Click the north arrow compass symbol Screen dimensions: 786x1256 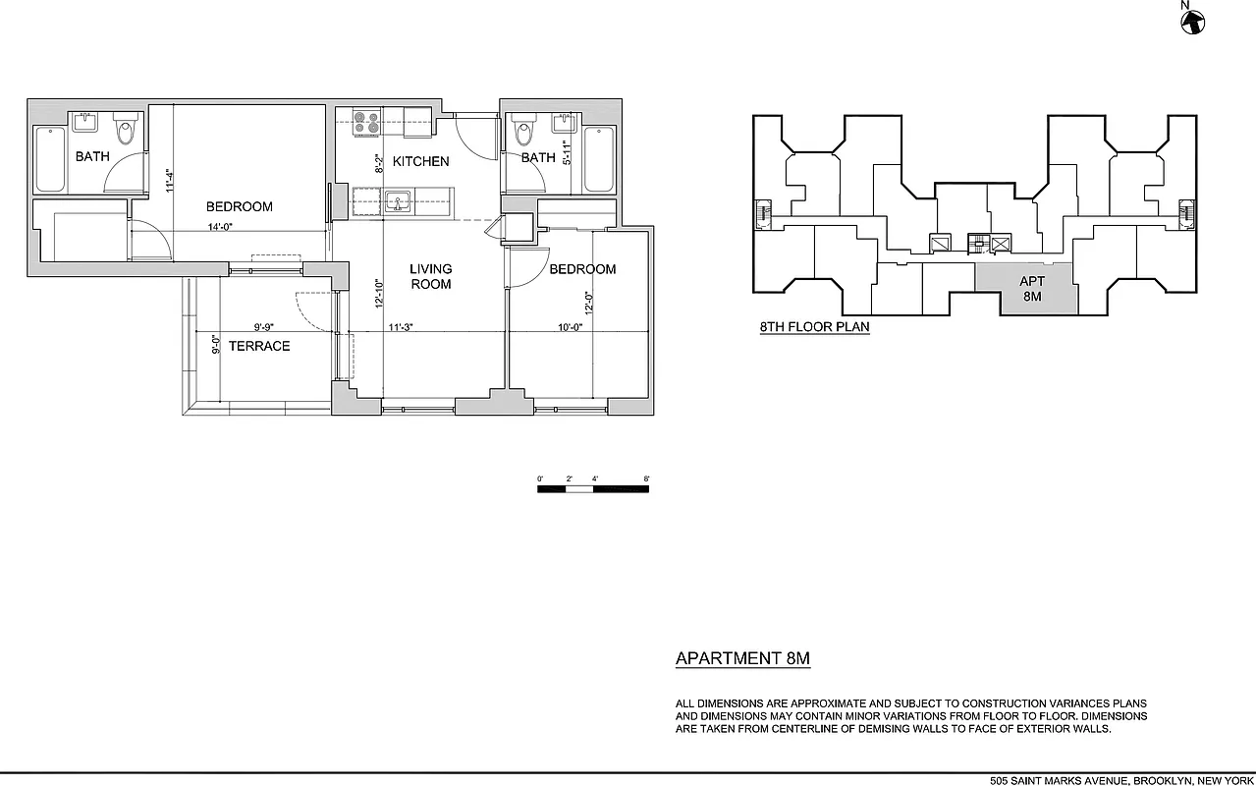[x=1193, y=21]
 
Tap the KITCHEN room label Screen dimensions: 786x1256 [x=421, y=161]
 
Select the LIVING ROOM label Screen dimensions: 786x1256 [x=431, y=276]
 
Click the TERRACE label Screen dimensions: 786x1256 [x=259, y=346]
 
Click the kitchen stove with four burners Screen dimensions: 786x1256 [x=367, y=122]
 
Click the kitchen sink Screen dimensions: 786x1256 [x=398, y=200]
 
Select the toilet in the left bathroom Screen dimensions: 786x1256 [x=126, y=130]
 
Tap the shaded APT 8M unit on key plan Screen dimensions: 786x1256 [x=1031, y=289]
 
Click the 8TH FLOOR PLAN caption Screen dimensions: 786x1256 [x=814, y=327]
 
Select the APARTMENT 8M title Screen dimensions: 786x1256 [x=742, y=659]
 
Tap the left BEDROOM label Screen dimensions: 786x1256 [x=239, y=206]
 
